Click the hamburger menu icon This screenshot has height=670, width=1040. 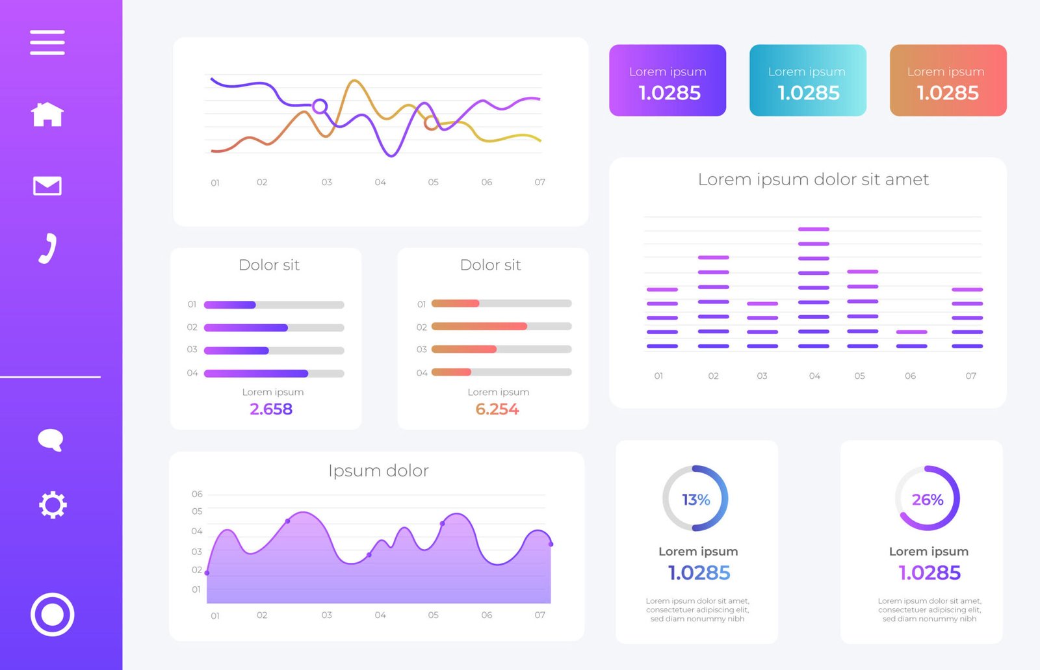[47, 42]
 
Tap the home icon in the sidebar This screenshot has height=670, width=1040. [47, 114]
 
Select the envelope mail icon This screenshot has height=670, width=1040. [47, 186]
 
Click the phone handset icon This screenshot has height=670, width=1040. [47, 248]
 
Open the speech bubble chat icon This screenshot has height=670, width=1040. [50, 440]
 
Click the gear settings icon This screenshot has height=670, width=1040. [53, 505]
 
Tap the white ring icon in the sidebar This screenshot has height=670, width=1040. [52, 614]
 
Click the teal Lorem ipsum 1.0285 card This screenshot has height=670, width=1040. [807, 81]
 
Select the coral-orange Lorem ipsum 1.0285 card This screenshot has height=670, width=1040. [948, 81]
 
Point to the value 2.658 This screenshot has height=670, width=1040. [271, 409]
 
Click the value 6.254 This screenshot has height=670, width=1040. [497, 409]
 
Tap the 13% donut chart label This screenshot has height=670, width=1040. [695, 499]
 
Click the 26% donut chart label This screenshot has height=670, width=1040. [928, 499]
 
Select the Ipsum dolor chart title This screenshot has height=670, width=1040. [378, 470]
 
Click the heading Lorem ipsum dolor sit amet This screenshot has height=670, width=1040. [813, 179]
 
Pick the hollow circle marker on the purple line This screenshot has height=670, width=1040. [320, 106]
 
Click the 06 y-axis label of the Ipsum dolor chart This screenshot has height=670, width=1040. [197, 494]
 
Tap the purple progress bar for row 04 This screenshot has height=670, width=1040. [256, 374]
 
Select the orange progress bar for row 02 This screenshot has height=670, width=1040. [479, 326]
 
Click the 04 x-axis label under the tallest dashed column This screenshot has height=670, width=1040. [814, 376]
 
